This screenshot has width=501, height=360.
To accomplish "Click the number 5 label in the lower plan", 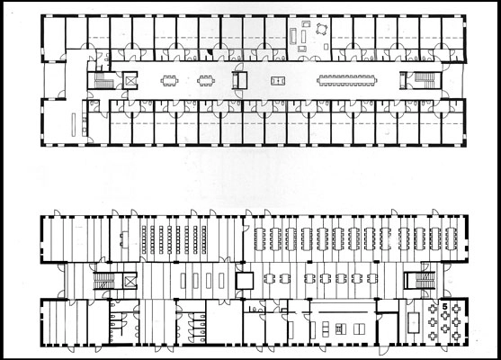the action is click(444, 306).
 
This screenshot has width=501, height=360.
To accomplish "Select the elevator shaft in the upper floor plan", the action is click(130, 80).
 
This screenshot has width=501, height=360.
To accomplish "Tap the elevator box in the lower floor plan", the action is click(130, 281).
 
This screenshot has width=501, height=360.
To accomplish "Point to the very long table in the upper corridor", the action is click(346, 80).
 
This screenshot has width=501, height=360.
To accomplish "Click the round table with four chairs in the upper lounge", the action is click(321, 29).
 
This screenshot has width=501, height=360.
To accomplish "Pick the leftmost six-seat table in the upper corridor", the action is click(169, 81).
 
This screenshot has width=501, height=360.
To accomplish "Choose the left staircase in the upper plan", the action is click(101, 80).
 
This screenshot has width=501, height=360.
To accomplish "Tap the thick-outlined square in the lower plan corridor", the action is click(245, 281).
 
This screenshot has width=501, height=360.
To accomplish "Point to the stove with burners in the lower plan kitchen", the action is click(340, 329).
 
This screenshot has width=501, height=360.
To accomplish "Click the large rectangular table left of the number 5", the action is click(415, 322).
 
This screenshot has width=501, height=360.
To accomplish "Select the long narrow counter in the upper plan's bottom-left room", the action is click(74, 125).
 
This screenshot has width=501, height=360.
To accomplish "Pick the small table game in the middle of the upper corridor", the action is click(278, 81).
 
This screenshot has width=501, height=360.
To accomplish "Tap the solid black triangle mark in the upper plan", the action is click(210, 52).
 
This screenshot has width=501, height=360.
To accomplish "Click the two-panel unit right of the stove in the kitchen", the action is click(360, 329).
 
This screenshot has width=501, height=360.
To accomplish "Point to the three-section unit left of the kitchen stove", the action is click(326, 329).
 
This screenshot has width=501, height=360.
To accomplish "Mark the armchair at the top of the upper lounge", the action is click(307, 23).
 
